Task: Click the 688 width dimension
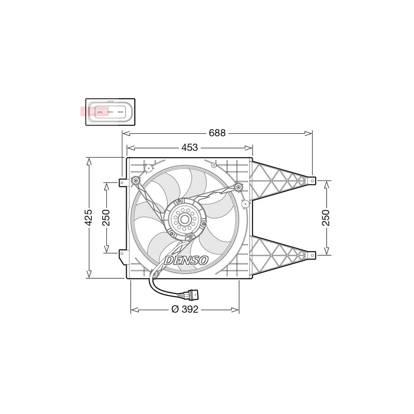pos(217,133)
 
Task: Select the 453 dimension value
pos(190,148)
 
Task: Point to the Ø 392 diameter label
pos(184,310)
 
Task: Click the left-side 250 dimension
pos(106,217)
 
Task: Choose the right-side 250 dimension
pos(326,217)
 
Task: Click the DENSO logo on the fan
pos(186,260)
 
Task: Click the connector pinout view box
pos(110,112)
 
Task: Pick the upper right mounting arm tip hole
pos(313,181)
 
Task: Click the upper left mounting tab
pos(122,183)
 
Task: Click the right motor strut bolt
pos(238,187)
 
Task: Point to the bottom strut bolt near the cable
pos(155,275)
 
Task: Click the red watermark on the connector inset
pos(94,111)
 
